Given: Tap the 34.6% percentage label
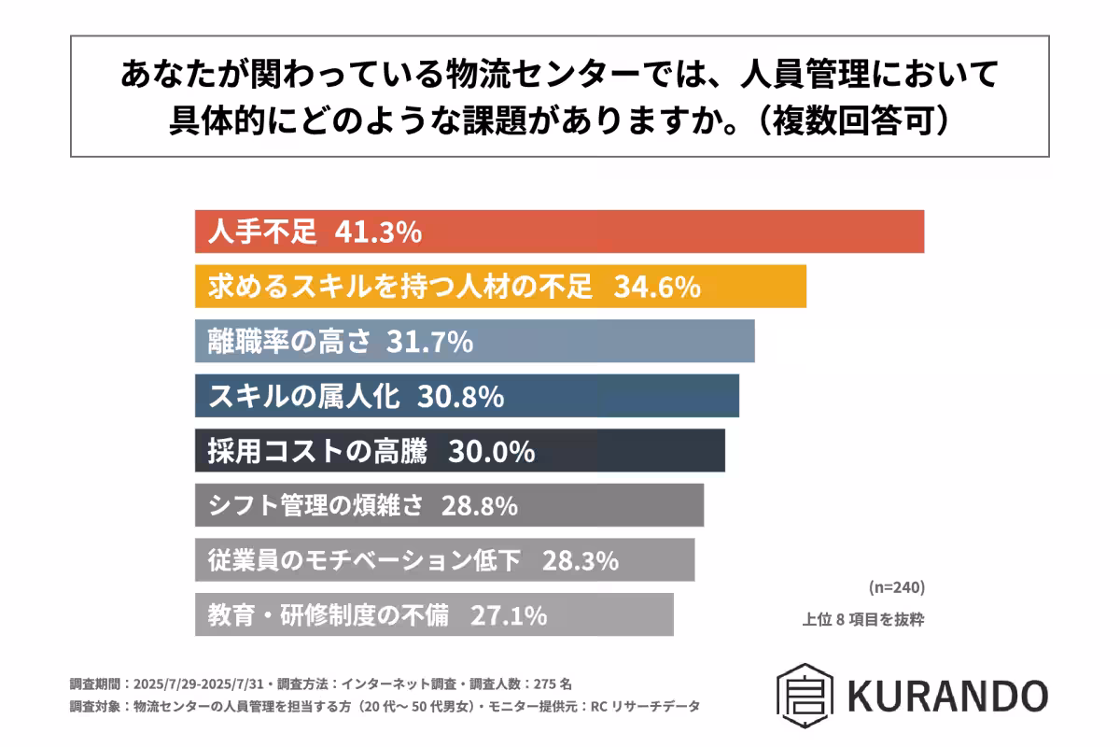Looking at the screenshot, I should tap(657, 287).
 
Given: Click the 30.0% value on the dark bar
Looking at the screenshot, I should tap(492, 451).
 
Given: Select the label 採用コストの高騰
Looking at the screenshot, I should tap(317, 451).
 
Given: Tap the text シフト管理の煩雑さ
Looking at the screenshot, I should tap(315, 506).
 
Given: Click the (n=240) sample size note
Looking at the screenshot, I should tap(895, 587).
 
